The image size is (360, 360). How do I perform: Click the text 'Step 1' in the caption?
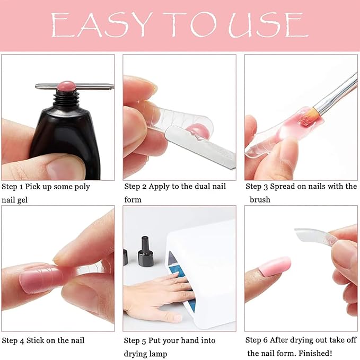(13, 187)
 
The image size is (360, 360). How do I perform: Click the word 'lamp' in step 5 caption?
(157, 354)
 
